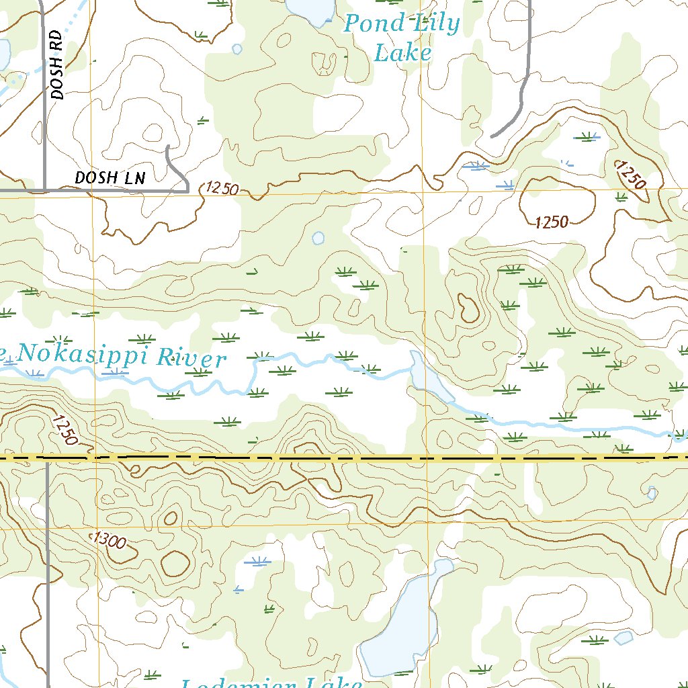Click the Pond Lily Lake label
[402, 38]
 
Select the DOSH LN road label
[110, 178]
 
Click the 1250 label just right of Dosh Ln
[222, 189]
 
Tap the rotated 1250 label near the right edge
[632, 176]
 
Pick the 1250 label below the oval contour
[552, 223]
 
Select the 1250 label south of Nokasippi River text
[64, 430]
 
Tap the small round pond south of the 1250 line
[318, 239]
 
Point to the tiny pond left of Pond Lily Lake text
[236, 49]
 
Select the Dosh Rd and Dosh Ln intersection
[45, 191]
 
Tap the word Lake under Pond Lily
[402, 52]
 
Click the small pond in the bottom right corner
[623, 638]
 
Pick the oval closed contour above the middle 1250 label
[558, 199]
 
